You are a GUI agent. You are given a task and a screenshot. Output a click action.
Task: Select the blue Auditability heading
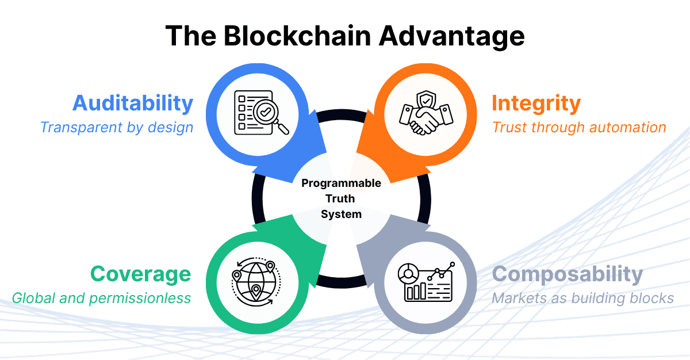coord(133,103)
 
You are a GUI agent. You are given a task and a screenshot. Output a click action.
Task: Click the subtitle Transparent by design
coord(117,127)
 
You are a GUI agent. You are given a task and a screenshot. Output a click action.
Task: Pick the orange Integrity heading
coord(536,103)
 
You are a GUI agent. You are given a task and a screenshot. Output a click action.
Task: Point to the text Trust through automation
coord(579,127)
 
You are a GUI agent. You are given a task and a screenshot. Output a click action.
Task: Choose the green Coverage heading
coord(140,274)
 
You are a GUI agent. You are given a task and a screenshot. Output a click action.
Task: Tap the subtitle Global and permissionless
coord(101,298)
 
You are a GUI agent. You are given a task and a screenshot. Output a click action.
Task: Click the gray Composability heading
coord(567,274)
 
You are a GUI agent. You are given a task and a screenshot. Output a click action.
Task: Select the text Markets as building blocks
coord(582,298)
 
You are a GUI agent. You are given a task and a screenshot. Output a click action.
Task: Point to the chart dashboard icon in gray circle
coord(425,281)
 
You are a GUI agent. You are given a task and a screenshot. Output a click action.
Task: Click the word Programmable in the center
coord(341,183)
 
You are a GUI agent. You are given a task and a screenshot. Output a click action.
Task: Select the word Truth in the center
coord(342,199)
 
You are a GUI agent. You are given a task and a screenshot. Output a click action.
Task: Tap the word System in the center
coord(341,215)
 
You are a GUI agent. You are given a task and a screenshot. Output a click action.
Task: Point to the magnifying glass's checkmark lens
coord(266,113)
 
